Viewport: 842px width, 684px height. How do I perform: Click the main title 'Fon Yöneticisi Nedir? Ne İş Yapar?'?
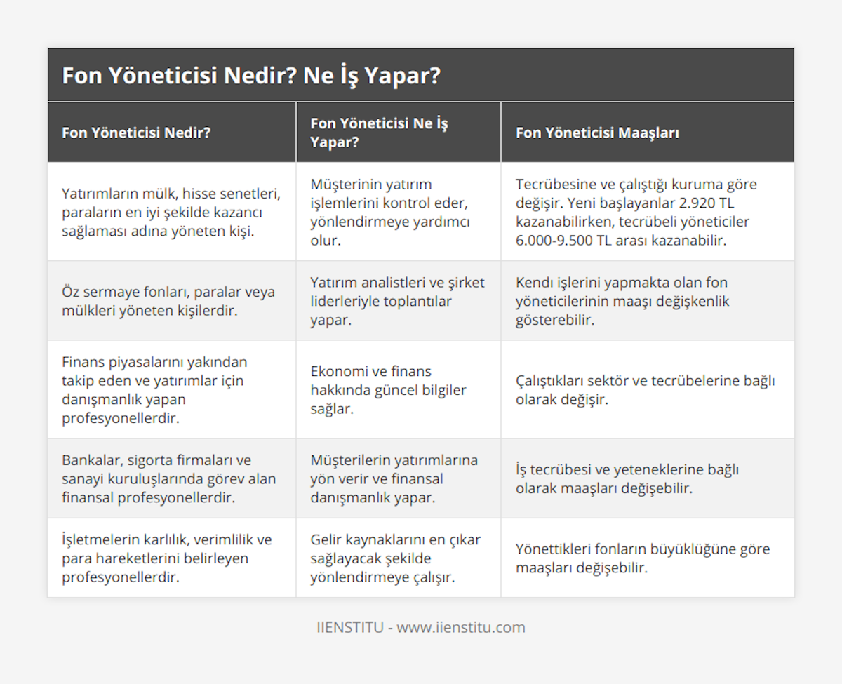coord(251,75)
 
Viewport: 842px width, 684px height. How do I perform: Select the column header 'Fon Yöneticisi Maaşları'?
coord(596,133)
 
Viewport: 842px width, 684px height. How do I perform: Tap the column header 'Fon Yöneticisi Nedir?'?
coord(136,133)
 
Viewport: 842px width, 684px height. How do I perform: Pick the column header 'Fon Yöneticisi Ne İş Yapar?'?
coord(379,133)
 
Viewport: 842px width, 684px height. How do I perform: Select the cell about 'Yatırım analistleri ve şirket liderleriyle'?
coord(389,300)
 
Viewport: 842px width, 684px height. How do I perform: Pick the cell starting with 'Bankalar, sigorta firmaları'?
coord(168,478)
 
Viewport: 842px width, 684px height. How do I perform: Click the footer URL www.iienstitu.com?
coord(461,627)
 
